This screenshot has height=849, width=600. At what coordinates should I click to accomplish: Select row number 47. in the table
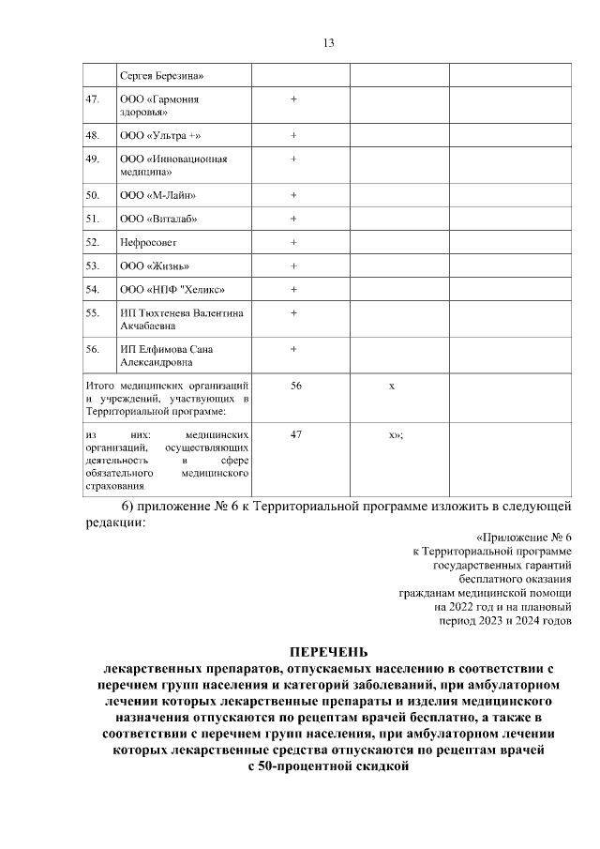92,99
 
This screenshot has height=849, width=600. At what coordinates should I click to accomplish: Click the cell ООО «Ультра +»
159,135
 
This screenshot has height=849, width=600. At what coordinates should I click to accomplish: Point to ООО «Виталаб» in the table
158,219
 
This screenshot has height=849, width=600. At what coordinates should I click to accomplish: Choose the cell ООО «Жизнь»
155,265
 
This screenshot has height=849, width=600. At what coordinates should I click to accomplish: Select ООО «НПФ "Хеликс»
172,289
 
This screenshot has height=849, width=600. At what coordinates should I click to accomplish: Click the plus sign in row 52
293,242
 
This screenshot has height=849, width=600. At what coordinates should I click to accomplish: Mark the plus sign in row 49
293,159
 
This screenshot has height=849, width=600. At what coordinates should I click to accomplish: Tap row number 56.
92,349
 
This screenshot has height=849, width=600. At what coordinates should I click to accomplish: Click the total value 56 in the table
296,386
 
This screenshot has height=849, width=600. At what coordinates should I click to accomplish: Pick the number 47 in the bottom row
296,435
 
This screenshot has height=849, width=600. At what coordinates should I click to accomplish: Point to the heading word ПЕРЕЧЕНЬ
328,652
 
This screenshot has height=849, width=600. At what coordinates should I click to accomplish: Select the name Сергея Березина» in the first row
160,75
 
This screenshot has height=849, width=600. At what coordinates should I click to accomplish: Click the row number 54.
92,289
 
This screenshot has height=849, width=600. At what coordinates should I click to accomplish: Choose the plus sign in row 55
293,312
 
